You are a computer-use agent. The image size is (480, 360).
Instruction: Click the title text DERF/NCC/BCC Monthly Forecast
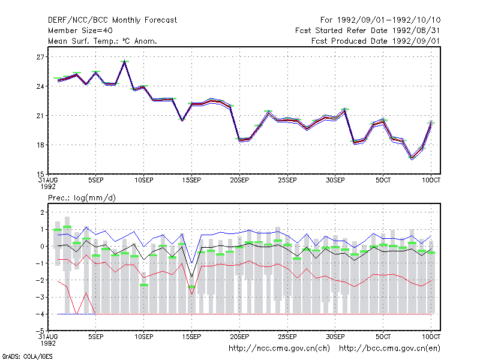point(112,20)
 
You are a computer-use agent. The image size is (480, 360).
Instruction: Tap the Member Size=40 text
point(80,31)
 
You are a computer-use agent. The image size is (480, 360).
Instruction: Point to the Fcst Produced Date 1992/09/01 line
point(376,41)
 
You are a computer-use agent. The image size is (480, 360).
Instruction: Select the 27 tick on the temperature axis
point(40,57)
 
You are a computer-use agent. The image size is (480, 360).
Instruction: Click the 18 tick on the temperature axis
point(40,145)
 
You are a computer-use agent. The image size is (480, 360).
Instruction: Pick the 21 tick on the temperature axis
point(40,116)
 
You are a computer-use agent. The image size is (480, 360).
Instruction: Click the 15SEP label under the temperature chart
point(191,181)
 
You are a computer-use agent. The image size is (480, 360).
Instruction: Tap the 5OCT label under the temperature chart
point(383,181)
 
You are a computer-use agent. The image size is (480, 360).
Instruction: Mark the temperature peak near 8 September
point(125,61)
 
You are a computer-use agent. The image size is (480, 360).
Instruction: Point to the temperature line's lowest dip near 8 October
point(412,158)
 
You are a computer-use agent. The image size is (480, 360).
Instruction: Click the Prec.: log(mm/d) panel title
point(82,198)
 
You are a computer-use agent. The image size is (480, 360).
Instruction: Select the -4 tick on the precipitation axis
point(40,314)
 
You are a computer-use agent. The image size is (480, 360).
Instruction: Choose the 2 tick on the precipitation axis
point(42,212)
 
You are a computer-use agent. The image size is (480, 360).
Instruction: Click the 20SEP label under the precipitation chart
point(239,337)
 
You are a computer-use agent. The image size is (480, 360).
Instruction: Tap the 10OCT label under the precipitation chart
point(431,337)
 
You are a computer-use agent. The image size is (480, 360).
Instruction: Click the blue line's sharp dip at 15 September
point(191,263)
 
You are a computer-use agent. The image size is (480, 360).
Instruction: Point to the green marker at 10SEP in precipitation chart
point(144,285)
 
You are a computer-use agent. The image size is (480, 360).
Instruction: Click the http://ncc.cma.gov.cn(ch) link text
point(279,349)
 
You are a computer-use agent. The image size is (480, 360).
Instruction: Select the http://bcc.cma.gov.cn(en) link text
point(389,349)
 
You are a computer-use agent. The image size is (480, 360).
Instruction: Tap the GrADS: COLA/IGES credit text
point(27,356)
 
